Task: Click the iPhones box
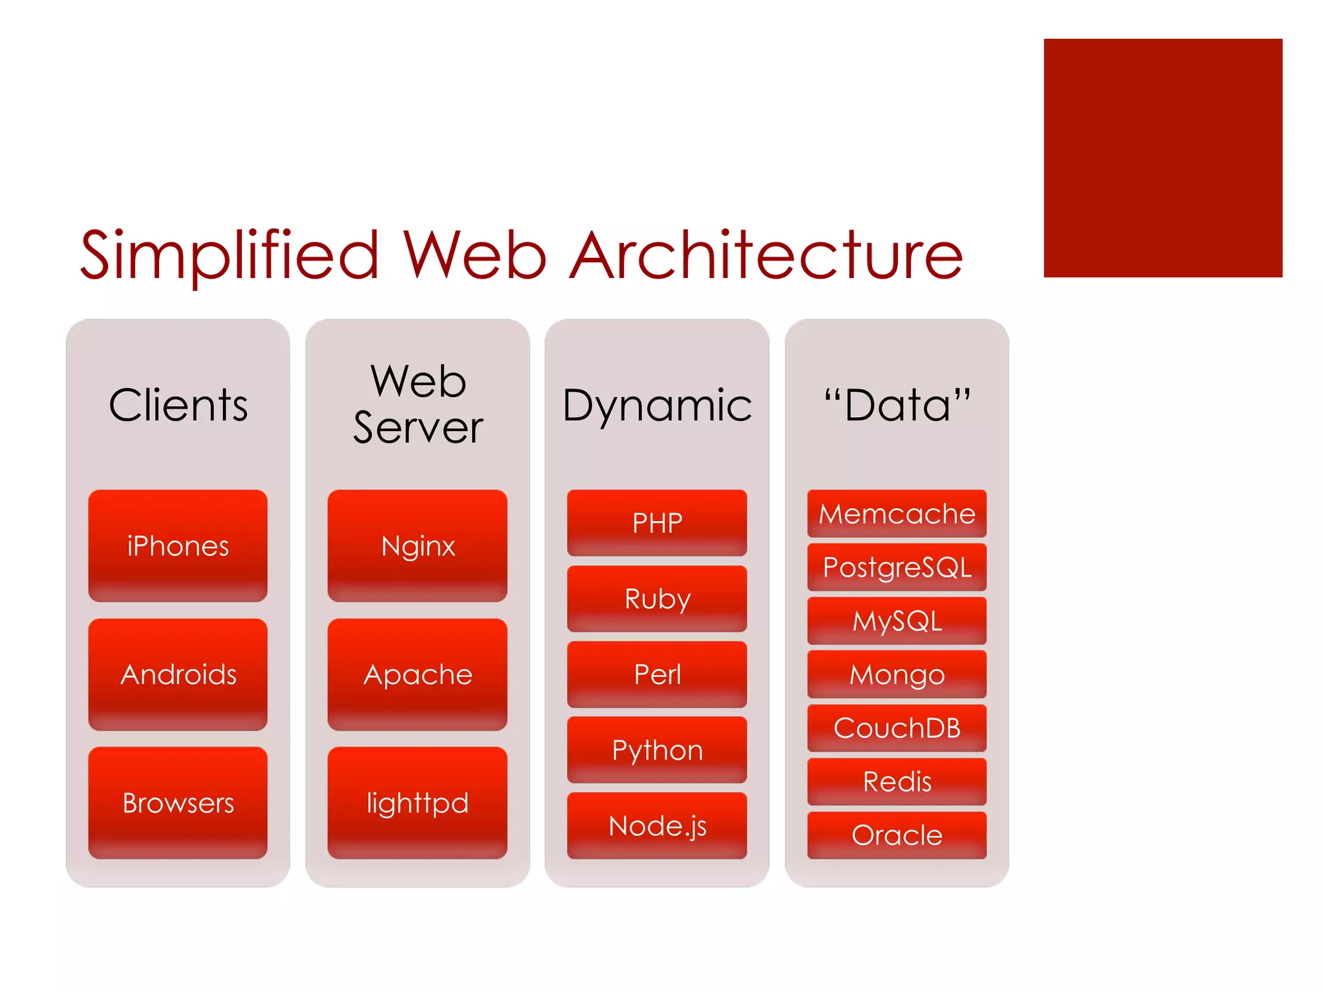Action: [178, 546]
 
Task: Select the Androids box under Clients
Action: [178, 674]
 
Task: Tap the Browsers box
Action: [178, 803]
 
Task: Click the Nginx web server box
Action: [418, 546]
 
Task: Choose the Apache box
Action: [418, 674]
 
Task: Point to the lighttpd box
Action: [418, 803]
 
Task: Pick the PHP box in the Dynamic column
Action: [657, 522]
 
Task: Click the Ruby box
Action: [657, 598]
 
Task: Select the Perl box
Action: [657, 674]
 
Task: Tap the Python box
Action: [657, 750]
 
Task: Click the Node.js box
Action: [657, 826]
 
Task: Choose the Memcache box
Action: [897, 514]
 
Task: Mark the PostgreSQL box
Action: [897, 567]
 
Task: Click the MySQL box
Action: [897, 621]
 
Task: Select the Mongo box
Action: [897, 674]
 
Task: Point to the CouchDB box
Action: [897, 728]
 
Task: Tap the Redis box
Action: [897, 782]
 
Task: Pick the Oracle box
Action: [897, 835]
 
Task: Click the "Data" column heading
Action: [897, 405]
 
